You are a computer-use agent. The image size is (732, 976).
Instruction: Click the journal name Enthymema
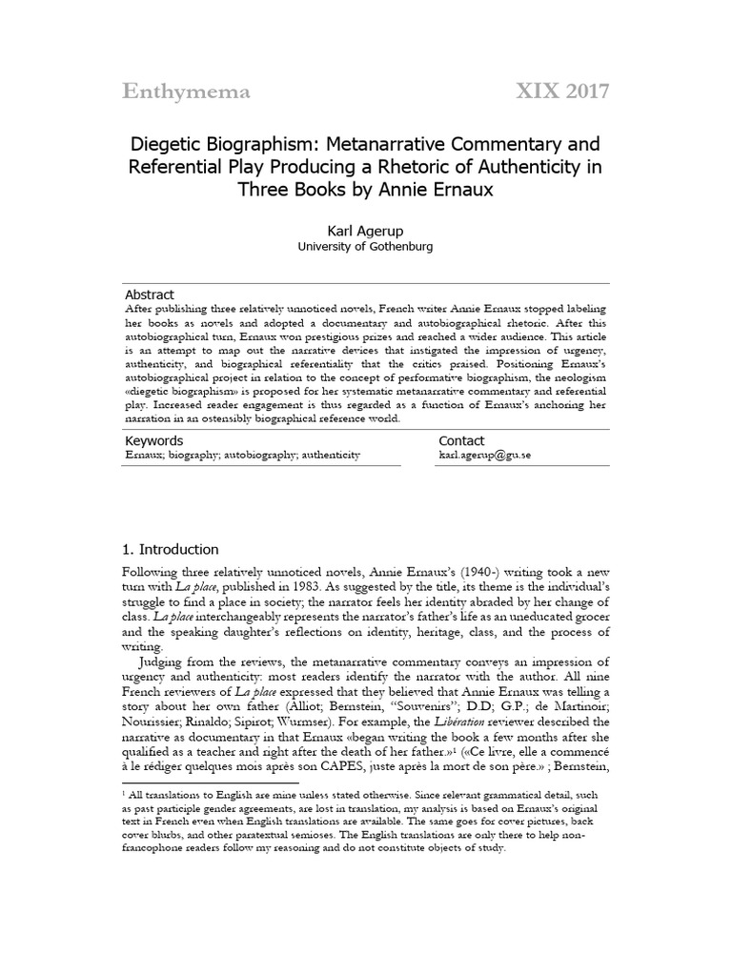click(x=186, y=91)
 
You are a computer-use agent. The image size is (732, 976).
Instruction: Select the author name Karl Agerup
click(x=365, y=230)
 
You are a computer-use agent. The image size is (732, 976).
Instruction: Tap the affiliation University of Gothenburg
click(x=365, y=247)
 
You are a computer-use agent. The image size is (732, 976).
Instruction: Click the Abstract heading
click(x=150, y=295)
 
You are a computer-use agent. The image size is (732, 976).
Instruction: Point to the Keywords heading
click(x=154, y=441)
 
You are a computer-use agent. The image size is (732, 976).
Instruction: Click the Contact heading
click(x=461, y=441)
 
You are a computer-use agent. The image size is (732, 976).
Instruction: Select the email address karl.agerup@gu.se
click(x=484, y=456)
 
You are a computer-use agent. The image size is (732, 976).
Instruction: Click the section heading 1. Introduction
click(x=172, y=550)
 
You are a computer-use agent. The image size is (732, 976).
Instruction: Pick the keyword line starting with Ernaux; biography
click(x=243, y=456)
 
